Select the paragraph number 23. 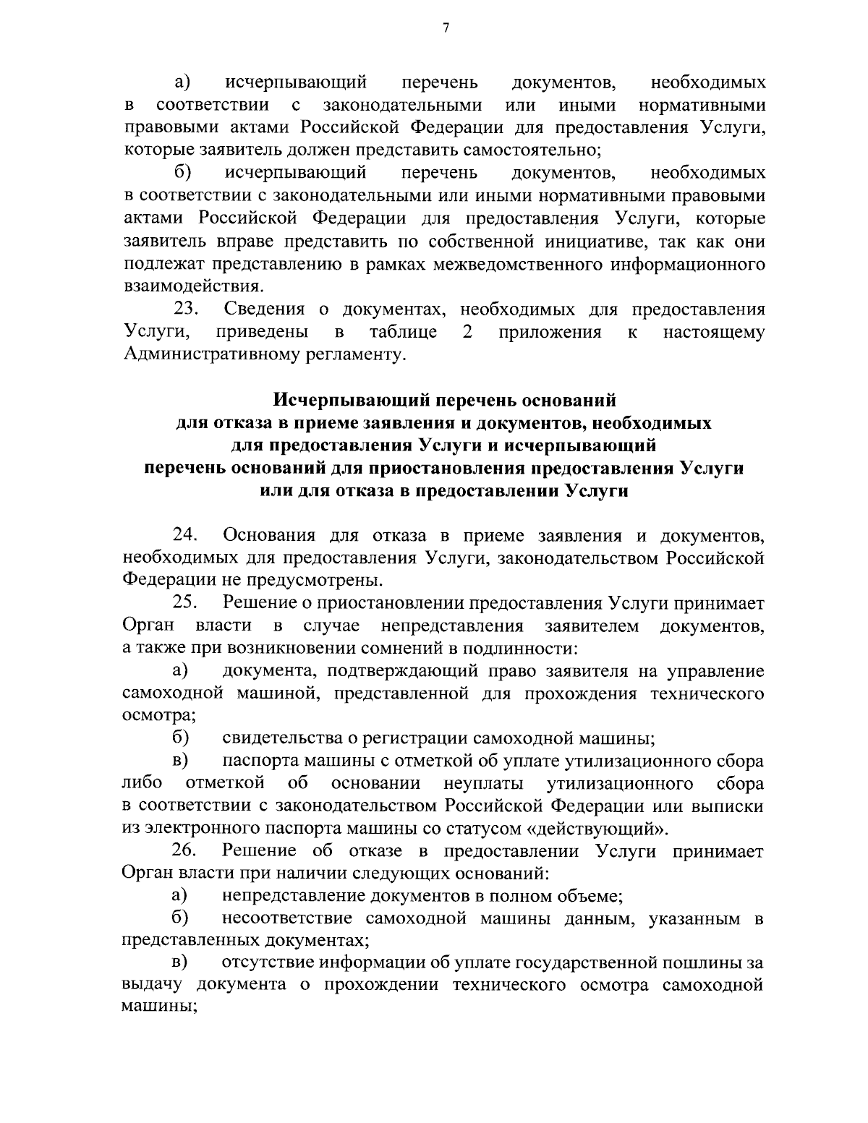point(187,309)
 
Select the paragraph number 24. point(187,535)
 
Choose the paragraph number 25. point(187,602)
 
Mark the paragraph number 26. point(187,851)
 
